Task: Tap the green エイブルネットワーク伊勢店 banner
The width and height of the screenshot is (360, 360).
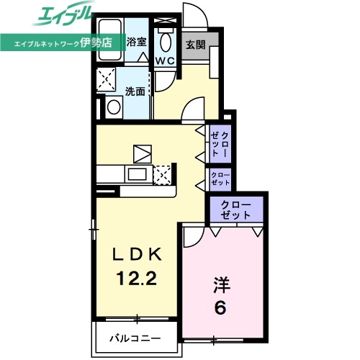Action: (x=62, y=42)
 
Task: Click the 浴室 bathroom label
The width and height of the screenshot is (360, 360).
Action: (x=136, y=42)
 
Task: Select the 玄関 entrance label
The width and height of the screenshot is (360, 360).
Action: (x=196, y=45)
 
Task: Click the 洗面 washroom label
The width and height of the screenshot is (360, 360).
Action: (x=135, y=91)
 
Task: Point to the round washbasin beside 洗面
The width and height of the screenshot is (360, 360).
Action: (x=113, y=108)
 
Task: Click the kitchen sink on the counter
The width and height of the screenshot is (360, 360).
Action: (x=135, y=174)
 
